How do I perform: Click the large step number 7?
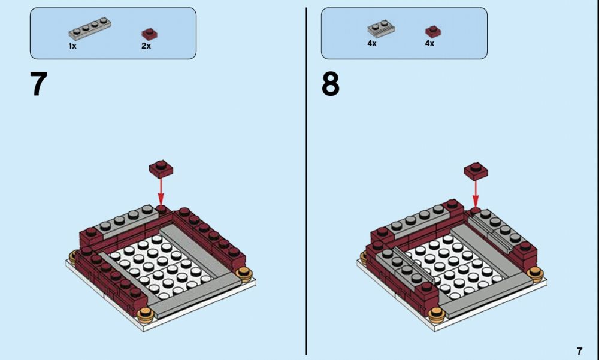pos(38,84)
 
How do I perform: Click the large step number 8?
pos(331,84)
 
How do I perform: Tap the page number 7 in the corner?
pos(579,351)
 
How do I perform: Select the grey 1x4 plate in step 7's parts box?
pos(90,28)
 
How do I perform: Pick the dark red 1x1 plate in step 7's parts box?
pos(150,34)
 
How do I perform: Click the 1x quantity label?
pos(72,46)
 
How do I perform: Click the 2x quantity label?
pos(146,46)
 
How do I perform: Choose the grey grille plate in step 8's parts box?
pos(381,29)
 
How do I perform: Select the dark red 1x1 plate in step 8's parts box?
pos(433,31)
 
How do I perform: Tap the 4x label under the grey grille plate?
pos(372,43)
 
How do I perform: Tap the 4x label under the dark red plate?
pos(429,43)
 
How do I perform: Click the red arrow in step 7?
pos(161,192)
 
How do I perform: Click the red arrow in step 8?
pos(476,194)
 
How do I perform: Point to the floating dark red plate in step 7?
pos(161,170)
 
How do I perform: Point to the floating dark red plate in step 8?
pos(476,171)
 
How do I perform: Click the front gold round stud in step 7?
pos(146,314)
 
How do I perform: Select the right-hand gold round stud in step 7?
pos(244,274)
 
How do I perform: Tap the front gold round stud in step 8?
pos(437,315)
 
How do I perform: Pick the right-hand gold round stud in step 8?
pos(535,274)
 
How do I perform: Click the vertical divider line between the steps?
pos(306,181)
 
